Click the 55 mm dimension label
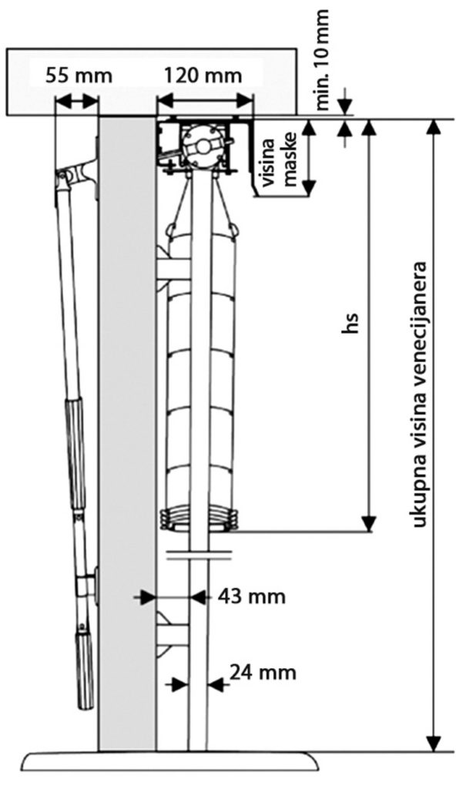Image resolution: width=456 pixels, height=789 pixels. (79, 76)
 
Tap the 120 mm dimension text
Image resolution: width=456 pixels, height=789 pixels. (203, 76)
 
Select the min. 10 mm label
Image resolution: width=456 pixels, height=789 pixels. (322, 59)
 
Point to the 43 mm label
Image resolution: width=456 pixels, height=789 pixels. (252, 597)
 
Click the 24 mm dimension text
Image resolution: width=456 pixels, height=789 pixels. (263, 672)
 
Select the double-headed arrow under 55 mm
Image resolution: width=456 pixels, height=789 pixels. (76, 102)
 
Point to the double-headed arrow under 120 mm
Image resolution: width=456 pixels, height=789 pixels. (205, 102)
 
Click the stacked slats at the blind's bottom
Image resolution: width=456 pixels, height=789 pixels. (198, 520)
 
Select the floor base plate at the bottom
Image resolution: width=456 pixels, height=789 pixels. (172, 763)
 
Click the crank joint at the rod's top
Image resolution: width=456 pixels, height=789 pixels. (75, 173)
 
